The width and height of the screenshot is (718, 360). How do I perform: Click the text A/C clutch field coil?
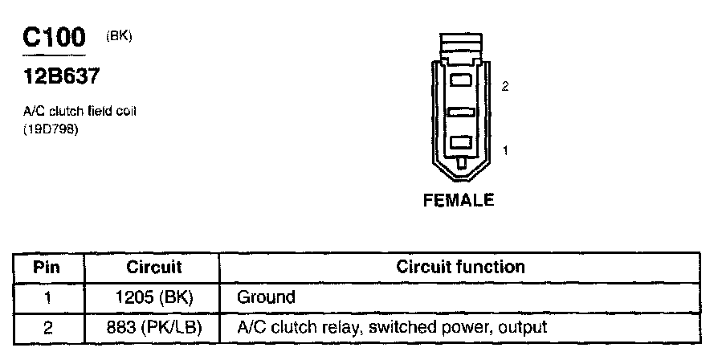[80, 111]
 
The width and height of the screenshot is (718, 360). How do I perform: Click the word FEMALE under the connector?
[459, 201]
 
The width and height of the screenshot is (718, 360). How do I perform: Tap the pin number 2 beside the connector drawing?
[505, 86]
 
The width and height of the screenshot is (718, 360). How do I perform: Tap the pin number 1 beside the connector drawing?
[505, 150]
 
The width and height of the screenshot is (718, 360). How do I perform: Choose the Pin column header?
[48, 267]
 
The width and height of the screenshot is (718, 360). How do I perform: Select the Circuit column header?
[154, 267]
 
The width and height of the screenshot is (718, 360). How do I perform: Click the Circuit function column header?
[460, 267]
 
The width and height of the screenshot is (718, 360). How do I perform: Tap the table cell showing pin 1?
[48, 297]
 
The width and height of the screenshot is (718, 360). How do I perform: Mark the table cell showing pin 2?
[48, 327]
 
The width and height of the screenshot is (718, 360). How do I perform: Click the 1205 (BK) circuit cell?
[154, 297]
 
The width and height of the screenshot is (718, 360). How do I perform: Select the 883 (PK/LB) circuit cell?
[154, 327]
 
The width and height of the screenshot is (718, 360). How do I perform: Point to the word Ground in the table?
[266, 297]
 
